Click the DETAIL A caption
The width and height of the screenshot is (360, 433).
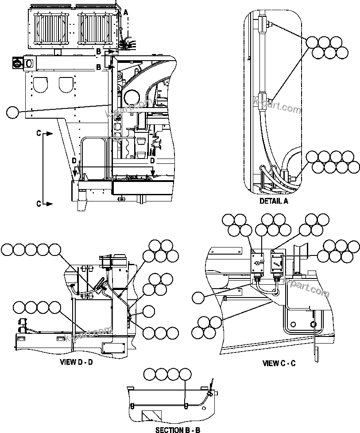pyautogui.click(x=274, y=201)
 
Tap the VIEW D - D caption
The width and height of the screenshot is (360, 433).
pyautogui.click(x=76, y=362)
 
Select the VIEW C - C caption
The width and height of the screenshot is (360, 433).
pyautogui.click(x=279, y=363)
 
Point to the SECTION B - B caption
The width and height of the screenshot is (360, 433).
pyautogui.click(x=178, y=429)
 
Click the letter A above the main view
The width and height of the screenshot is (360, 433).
pyautogui.click(x=125, y=13)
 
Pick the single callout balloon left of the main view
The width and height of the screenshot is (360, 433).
pyautogui.click(x=13, y=112)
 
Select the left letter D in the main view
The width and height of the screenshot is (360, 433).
pyautogui.click(x=74, y=160)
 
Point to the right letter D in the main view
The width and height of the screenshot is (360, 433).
pyautogui.click(x=153, y=160)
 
